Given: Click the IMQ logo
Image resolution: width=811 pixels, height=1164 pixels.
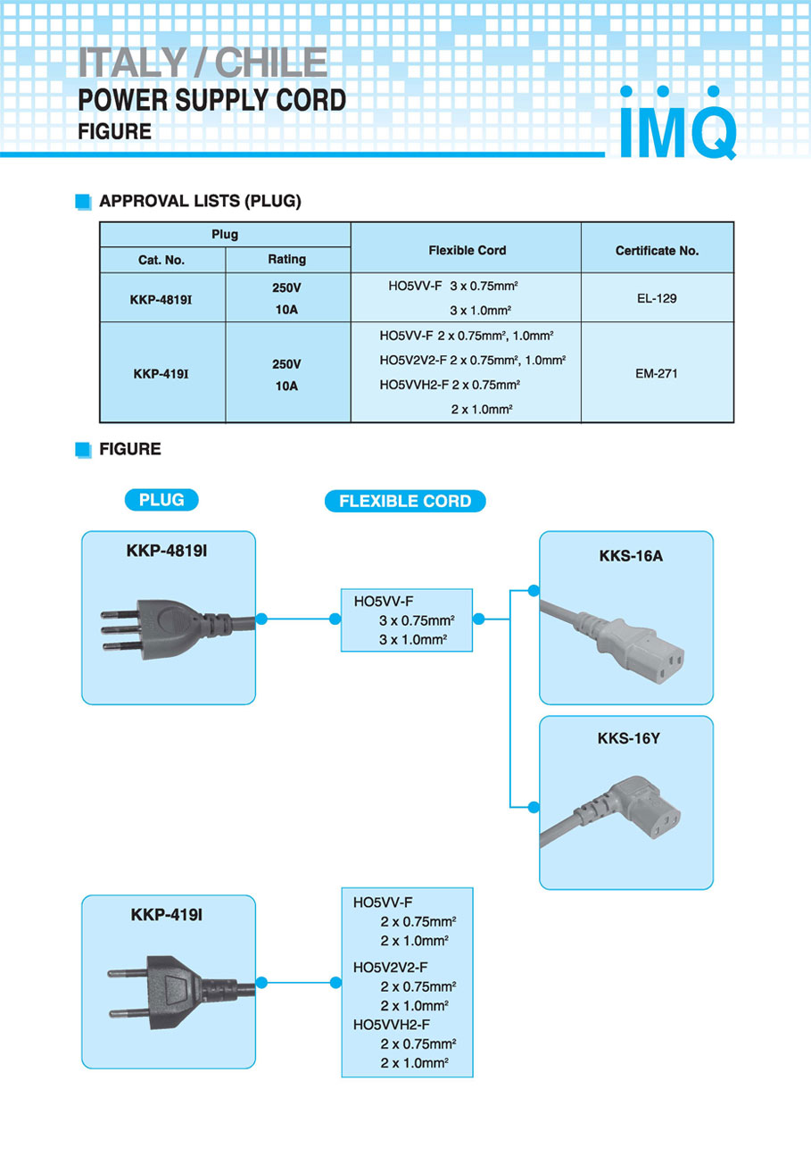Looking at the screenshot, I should point(678,125).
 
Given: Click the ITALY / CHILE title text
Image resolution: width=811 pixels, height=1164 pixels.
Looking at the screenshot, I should point(203,62).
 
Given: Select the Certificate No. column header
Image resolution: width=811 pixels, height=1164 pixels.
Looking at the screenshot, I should point(657,251).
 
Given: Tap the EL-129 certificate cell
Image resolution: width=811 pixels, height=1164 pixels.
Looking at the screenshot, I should point(657,298).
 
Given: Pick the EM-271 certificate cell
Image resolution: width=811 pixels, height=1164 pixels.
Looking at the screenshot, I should point(657,373).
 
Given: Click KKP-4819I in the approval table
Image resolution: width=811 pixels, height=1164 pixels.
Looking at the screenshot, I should point(161,298).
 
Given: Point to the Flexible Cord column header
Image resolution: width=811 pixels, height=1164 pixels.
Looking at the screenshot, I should point(467,250).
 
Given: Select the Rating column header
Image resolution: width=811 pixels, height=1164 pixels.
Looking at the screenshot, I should point(286,259).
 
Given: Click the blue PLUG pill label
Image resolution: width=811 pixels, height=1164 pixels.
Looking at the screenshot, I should point(161,500).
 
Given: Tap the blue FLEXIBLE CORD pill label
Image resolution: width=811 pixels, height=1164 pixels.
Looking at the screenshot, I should point(405,501).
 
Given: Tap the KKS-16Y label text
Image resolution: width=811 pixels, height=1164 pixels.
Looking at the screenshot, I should point(625,738).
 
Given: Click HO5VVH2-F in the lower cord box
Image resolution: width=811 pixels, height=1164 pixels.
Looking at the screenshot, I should point(392,1024).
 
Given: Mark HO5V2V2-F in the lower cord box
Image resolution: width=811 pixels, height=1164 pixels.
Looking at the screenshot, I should point(391,967).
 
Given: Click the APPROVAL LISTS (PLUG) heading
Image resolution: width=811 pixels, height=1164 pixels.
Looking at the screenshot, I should point(200,201).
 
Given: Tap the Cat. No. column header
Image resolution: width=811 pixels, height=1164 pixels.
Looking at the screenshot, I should point(161,260).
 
